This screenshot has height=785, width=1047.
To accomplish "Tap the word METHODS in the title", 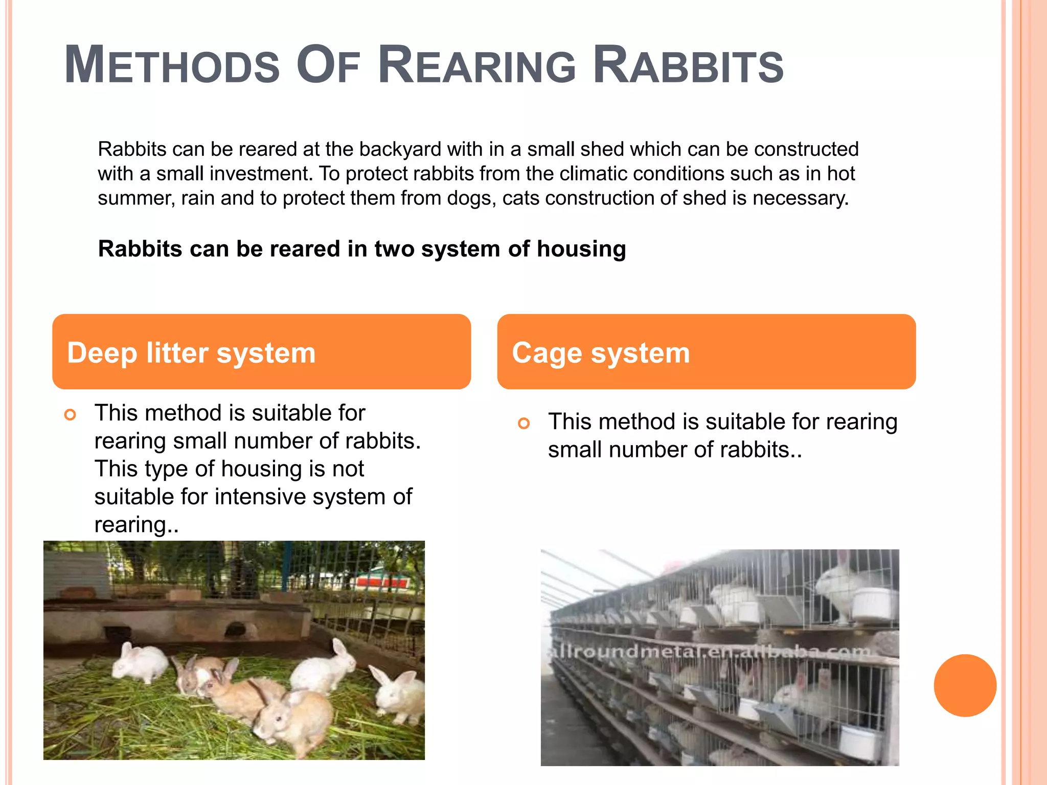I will (x=172, y=65).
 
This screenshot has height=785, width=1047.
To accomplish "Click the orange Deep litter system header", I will (x=261, y=352).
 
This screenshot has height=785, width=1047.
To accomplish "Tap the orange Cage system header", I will (x=706, y=352).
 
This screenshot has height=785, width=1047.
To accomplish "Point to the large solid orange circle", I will (x=965, y=685).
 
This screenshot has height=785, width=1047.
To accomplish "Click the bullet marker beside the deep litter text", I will (x=70, y=414).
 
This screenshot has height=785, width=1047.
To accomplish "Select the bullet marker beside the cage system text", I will (x=523, y=423).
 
